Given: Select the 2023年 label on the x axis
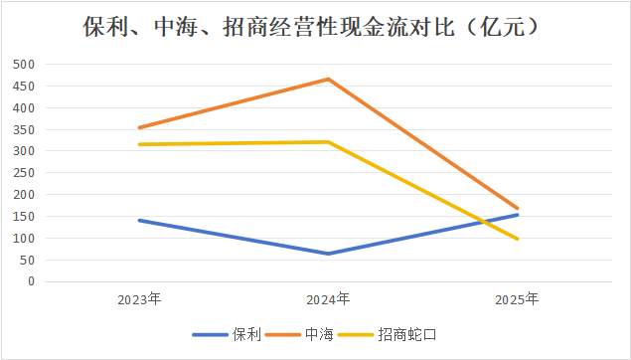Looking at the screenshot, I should coord(139,298).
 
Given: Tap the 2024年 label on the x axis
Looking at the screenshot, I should coord(329,298).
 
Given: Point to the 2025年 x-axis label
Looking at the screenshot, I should coord(518,298).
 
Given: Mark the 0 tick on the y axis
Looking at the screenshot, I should coord(32,281).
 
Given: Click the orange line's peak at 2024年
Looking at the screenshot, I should coord(329,79).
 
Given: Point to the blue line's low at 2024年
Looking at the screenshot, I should coord(329,254).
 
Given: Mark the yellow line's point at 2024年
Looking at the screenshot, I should coord(329,142).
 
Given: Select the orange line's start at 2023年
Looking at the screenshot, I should coord(139,127).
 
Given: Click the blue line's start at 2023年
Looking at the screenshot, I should coord(139,220).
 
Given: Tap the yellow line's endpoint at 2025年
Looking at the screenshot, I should coord(518,239).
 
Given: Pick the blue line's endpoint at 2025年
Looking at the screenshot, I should coord(518,215).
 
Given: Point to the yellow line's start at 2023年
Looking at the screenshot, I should coord(139,144).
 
